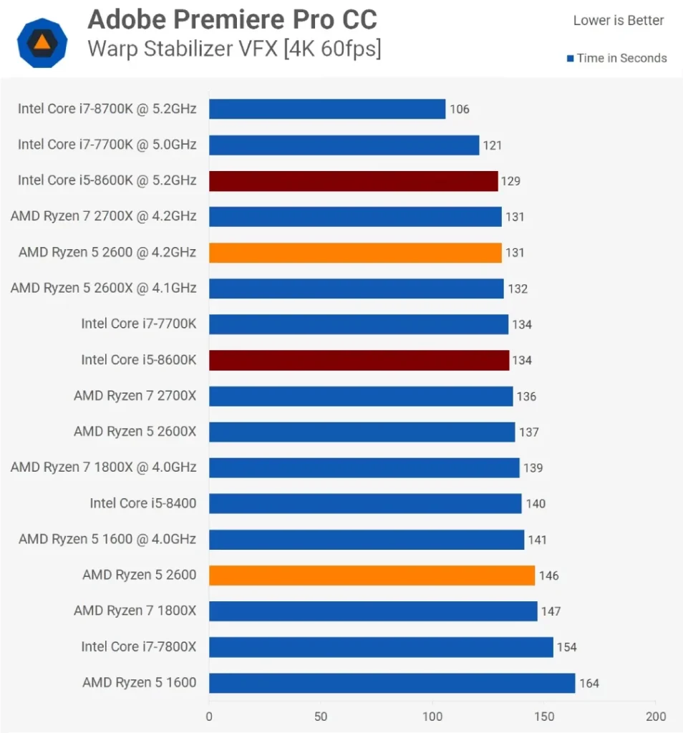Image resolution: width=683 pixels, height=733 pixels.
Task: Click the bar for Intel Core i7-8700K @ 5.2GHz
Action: point(327,109)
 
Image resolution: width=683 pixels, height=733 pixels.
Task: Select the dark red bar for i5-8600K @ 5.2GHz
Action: point(353,181)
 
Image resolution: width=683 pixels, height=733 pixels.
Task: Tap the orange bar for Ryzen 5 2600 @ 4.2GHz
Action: point(355,253)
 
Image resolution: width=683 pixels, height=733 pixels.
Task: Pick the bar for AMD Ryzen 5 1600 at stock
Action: point(392,683)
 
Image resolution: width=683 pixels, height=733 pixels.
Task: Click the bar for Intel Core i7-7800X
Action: point(381,647)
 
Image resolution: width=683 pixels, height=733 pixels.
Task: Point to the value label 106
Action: point(460,110)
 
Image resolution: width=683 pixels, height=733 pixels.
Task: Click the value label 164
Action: point(589,684)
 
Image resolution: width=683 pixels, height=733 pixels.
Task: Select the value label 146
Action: point(549,576)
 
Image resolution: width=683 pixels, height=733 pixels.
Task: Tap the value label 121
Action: point(493,145)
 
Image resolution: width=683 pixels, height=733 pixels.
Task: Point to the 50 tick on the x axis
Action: point(321,717)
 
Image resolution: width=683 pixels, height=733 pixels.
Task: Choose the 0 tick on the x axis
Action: point(209,717)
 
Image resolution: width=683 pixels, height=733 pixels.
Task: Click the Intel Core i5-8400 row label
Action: point(143,503)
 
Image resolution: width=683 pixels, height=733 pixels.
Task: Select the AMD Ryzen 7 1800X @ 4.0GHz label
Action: point(104,467)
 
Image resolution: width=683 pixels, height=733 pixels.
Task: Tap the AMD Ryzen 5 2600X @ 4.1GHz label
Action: point(104,288)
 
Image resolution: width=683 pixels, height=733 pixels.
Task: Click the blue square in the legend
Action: point(570,59)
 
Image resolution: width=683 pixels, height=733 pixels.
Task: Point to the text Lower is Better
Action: point(619,21)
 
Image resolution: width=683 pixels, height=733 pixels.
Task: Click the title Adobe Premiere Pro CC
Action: point(232,20)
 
